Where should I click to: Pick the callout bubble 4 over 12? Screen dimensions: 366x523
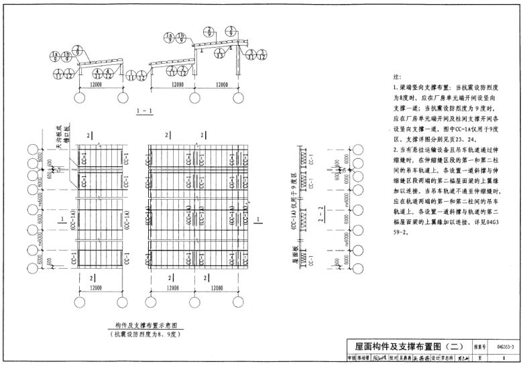[111, 72]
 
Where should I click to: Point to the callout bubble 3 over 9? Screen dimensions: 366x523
[231, 31]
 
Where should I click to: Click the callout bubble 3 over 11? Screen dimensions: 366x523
[246, 54]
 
